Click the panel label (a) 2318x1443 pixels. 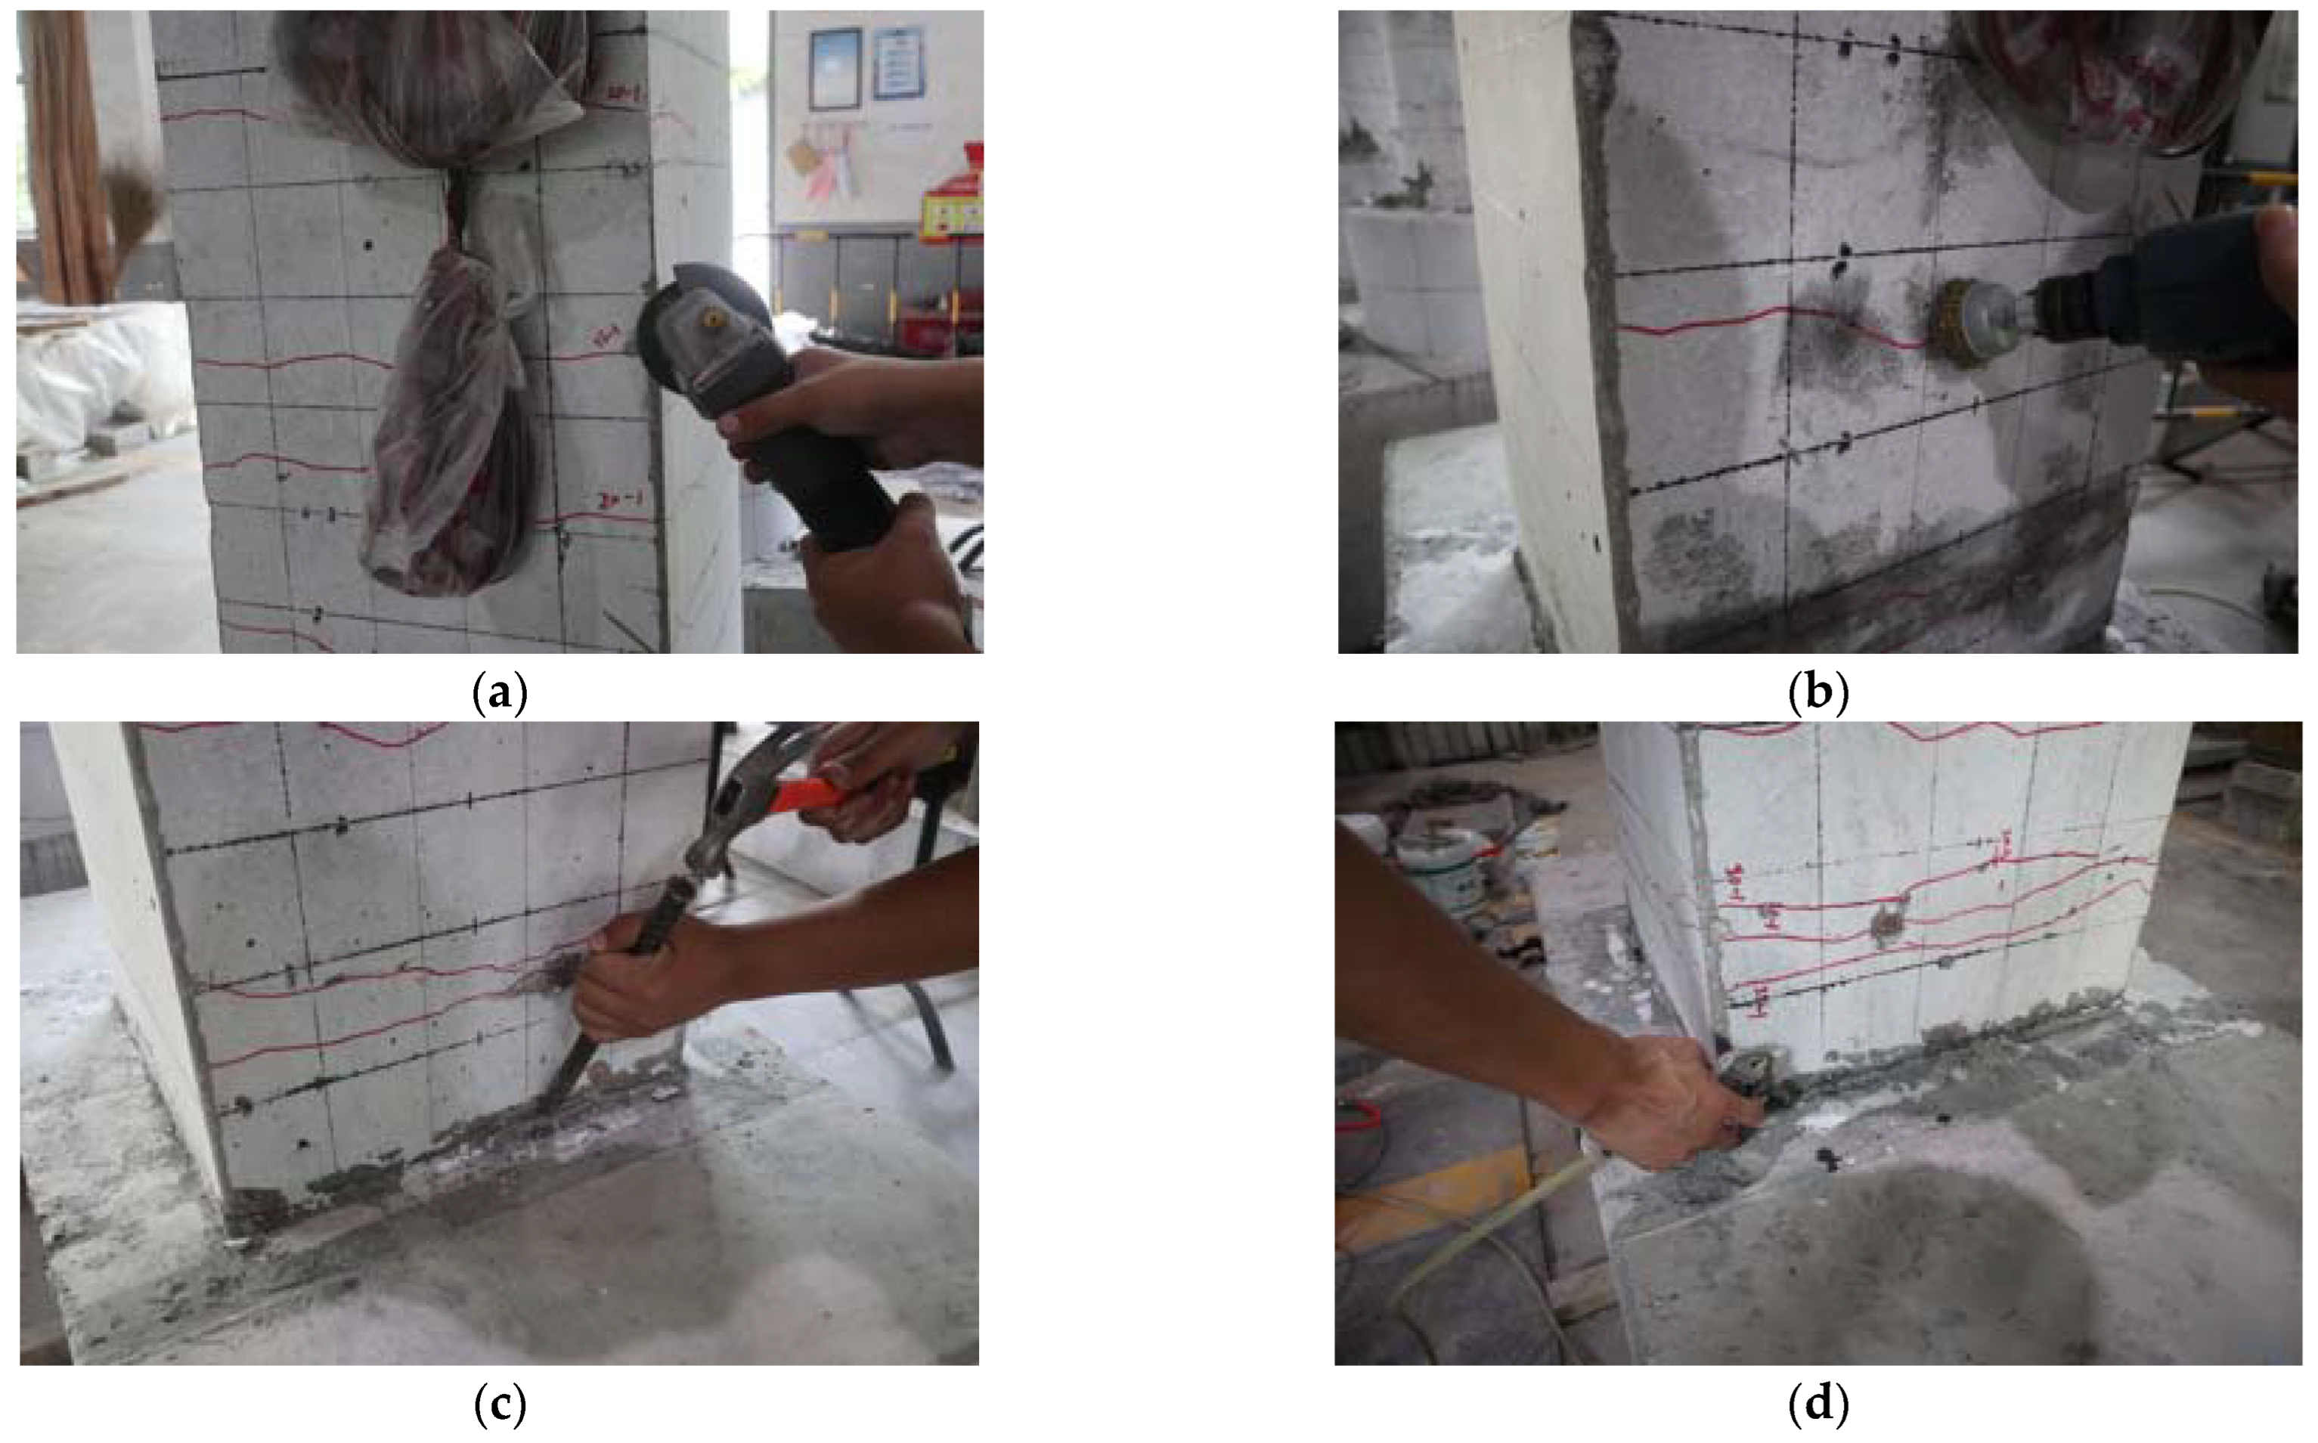click(x=500, y=694)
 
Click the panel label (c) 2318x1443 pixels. click(x=500, y=1404)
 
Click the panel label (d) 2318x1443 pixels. click(x=1818, y=1404)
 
